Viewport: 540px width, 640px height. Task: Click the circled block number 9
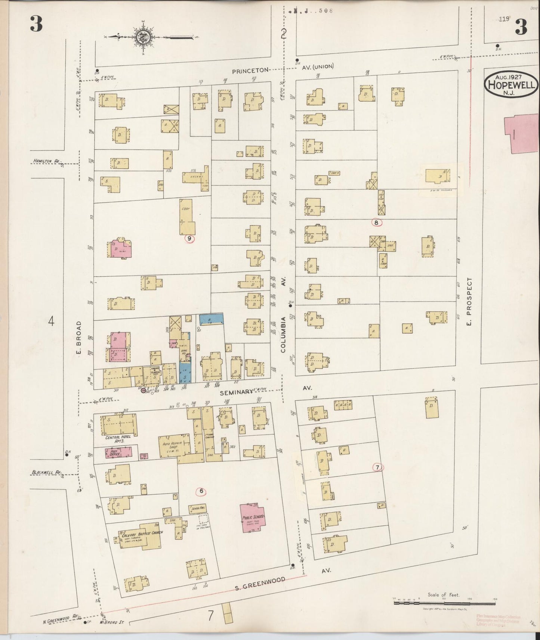click(x=190, y=238)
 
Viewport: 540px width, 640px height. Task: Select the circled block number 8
click(x=377, y=223)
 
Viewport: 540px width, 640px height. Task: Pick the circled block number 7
click(x=378, y=467)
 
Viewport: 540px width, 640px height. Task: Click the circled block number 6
click(x=201, y=491)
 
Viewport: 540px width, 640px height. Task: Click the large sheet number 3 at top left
click(x=36, y=25)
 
